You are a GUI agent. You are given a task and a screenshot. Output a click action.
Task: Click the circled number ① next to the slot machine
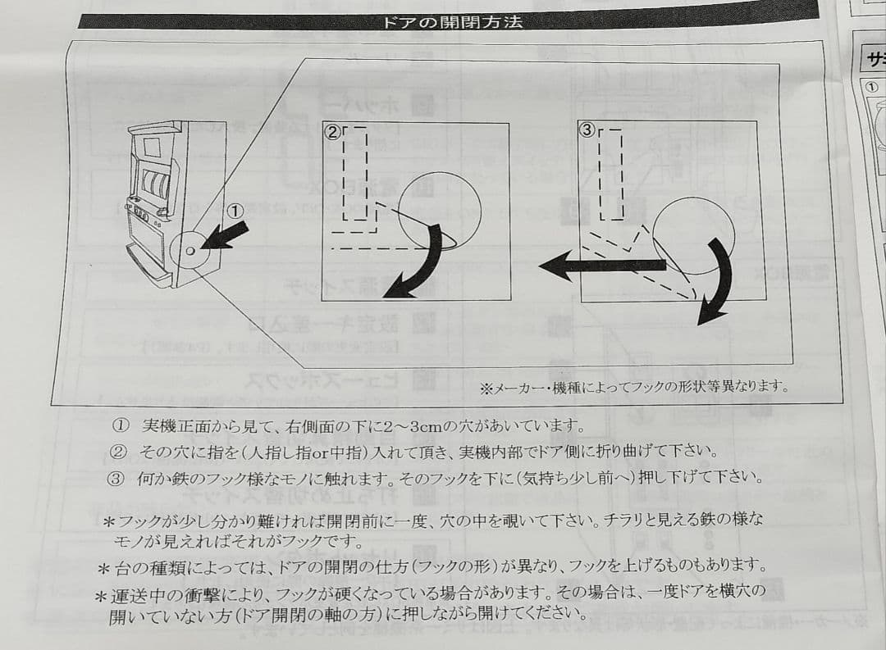point(235,211)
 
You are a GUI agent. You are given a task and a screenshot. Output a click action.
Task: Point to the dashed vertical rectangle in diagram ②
point(355,174)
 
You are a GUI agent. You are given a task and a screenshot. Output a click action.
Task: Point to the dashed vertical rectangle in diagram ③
point(610,174)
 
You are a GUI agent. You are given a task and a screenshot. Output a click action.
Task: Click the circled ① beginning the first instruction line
point(121,426)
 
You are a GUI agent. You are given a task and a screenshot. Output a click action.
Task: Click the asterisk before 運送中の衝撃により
point(101,596)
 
